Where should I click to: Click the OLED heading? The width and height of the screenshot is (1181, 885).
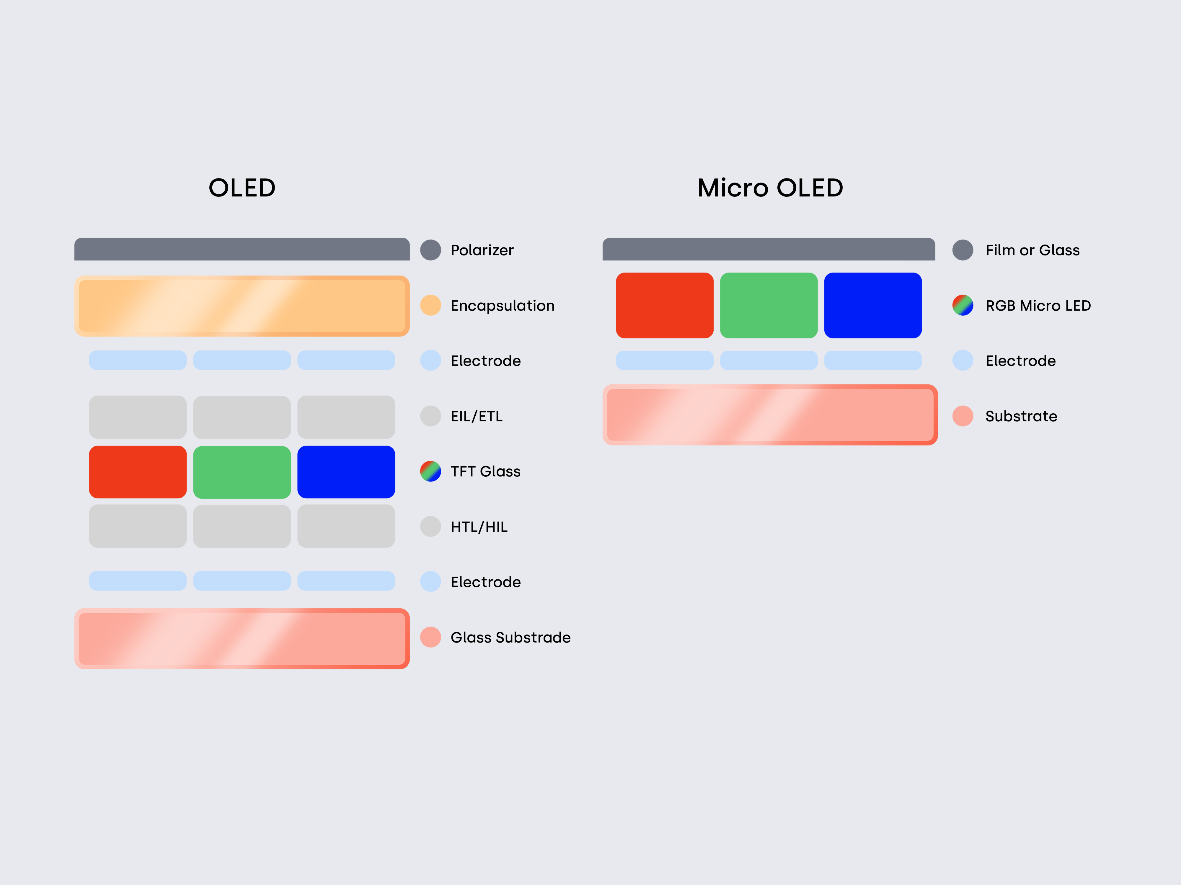tap(242, 188)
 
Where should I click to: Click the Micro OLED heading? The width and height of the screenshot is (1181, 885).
tap(770, 188)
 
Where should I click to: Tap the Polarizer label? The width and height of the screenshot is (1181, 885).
tap(482, 250)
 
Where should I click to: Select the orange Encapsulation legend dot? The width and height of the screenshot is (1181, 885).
tap(430, 305)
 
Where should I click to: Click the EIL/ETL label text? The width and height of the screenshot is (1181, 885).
tap(477, 416)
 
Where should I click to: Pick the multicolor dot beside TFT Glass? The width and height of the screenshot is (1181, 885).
tap(430, 471)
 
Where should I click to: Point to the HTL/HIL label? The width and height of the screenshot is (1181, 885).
tap(479, 527)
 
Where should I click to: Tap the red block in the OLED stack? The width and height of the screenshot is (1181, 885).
tap(138, 472)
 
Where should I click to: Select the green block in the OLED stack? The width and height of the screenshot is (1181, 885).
tap(242, 472)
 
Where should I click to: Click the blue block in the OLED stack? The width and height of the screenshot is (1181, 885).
tap(346, 472)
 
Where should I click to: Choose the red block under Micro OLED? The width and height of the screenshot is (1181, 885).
tap(665, 305)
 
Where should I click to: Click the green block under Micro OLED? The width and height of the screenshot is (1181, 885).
tap(769, 305)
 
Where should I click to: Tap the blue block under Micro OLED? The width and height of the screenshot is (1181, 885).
tap(873, 305)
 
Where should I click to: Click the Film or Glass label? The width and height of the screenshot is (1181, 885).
tap(1032, 250)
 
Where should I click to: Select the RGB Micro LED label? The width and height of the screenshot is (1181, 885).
tap(1038, 306)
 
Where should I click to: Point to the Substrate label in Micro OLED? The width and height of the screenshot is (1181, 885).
tap(1021, 416)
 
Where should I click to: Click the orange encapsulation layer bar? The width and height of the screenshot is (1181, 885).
tap(242, 306)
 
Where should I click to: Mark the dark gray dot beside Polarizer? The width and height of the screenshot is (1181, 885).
tap(430, 250)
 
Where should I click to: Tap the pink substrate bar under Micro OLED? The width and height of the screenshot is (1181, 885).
tap(770, 414)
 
